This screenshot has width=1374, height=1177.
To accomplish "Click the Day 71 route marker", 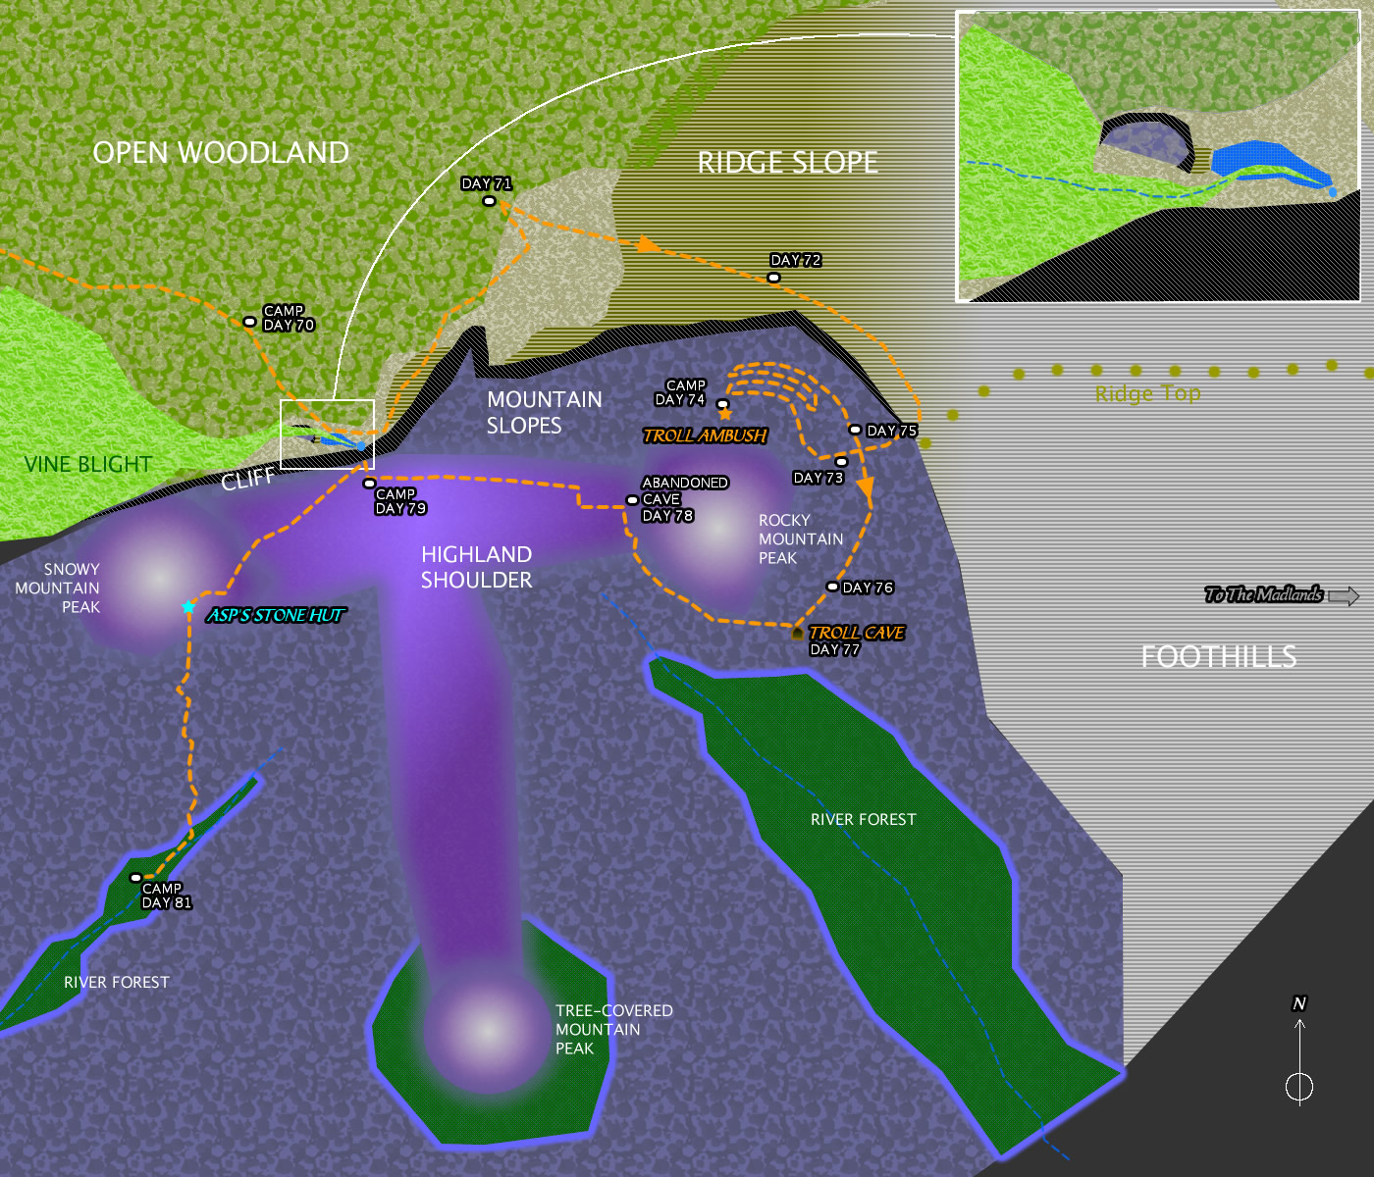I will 489,201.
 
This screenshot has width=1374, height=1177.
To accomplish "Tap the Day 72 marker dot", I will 773,278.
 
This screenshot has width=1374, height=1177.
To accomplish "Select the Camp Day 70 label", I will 288,318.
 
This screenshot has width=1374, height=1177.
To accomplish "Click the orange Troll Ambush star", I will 725,414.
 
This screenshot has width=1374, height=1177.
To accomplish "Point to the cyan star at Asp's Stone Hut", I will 188,607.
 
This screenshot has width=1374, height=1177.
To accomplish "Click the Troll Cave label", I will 856,633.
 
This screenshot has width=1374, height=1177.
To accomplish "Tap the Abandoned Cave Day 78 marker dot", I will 632,500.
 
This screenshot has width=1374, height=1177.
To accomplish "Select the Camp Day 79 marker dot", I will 369,484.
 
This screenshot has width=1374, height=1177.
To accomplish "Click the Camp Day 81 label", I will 166,896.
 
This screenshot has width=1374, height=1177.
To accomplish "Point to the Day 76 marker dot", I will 832,587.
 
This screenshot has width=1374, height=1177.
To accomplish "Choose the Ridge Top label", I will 1147,394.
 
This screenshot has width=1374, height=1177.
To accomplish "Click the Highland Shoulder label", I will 476,567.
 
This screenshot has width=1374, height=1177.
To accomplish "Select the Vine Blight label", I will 88,464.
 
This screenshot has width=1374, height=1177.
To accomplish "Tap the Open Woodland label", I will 221,152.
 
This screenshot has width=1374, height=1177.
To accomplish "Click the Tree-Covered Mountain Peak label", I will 613,1029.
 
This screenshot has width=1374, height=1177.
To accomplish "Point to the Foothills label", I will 1218,656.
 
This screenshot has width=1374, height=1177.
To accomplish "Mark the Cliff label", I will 247,480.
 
